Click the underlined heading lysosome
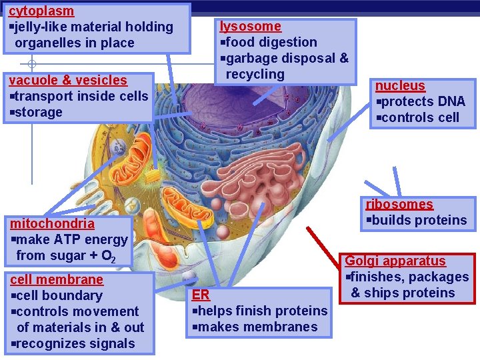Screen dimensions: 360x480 coord(251,27)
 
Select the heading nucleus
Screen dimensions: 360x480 coord(400,86)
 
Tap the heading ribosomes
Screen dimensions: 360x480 coord(399,205)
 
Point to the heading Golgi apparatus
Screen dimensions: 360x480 coord(395,261)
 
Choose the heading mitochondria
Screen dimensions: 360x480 coord(52,224)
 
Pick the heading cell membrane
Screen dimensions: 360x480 coord(56,280)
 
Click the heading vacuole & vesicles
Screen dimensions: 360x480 coord(67,81)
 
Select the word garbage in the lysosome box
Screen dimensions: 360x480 coord(251,59)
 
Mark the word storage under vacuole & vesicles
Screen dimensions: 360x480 coord(39,113)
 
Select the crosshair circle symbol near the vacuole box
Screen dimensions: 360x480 coord(31,65)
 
